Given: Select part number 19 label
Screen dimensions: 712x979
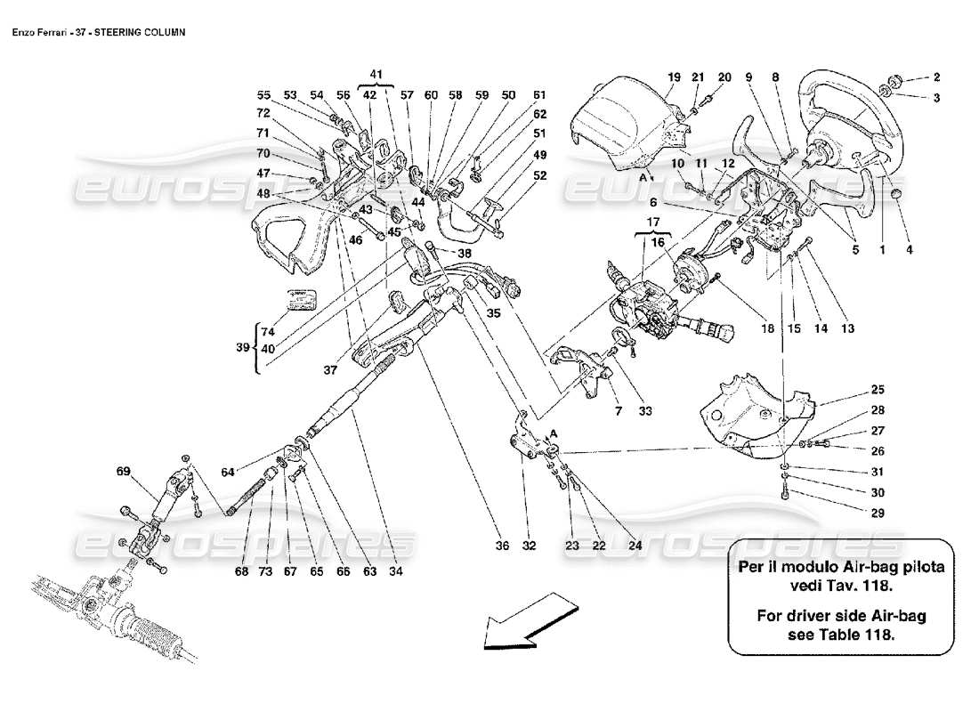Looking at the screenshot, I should tap(674, 77).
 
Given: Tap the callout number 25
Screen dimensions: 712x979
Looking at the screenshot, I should tap(878, 390).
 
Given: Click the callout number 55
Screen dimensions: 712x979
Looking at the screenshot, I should tap(263, 95).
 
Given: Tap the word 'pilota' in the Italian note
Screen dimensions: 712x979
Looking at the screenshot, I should tap(918, 566).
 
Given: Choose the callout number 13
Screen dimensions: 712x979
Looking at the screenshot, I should tap(847, 328).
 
